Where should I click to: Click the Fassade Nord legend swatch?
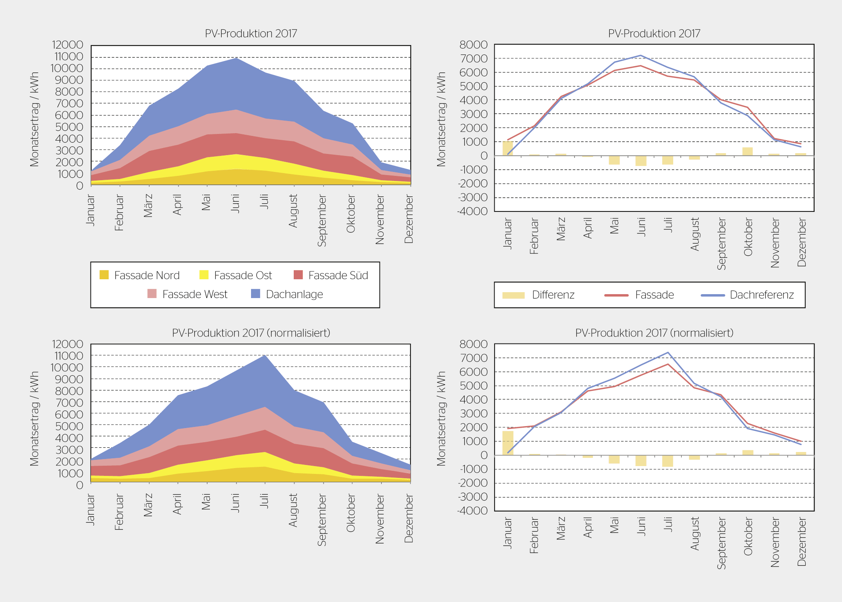pyautogui.click(x=104, y=275)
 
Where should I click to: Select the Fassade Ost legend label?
pyautogui.click(x=243, y=275)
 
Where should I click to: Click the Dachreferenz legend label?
pyautogui.click(x=762, y=295)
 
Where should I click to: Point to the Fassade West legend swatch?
pyautogui.click(x=152, y=294)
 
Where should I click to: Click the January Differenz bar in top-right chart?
pyautogui.click(x=508, y=148)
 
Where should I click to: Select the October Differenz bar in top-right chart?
pyautogui.click(x=748, y=152)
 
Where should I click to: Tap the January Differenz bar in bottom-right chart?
pyautogui.click(x=508, y=443)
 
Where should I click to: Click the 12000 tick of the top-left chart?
pyautogui.click(x=68, y=45)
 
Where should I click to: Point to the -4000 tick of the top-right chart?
pyautogui.click(x=472, y=211)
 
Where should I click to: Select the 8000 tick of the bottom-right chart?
pyautogui.click(x=473, y=344)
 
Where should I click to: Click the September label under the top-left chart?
pyautogui.click(x=322, y=221)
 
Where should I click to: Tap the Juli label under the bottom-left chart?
pyautogui.click(x=264, y=501)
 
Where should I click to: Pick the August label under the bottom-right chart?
pyautogui.click(x=695, y=533)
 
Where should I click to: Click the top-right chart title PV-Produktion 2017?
pyautogui.click(x=654, y=34)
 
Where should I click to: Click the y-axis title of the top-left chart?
pyautogui.click(x=34, y=119)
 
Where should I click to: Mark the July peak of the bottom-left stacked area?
pyautogui.click(x=265, y=355)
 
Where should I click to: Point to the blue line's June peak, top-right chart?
pyautogui.click(x=641, y=55)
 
